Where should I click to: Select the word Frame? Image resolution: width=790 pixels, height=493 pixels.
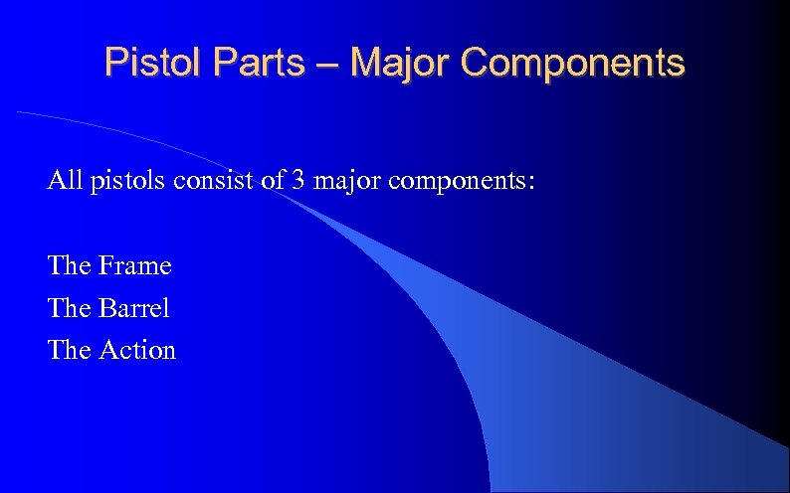(135, 266)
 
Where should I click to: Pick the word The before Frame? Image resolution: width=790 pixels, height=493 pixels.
(70, 266)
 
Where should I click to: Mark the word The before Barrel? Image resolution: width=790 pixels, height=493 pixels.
(70, 308)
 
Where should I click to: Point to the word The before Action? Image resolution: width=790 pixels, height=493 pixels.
(70, 350)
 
